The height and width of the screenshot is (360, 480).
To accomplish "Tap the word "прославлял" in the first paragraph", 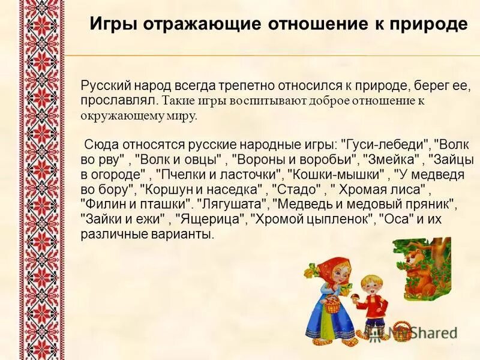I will (x=119, y=99).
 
